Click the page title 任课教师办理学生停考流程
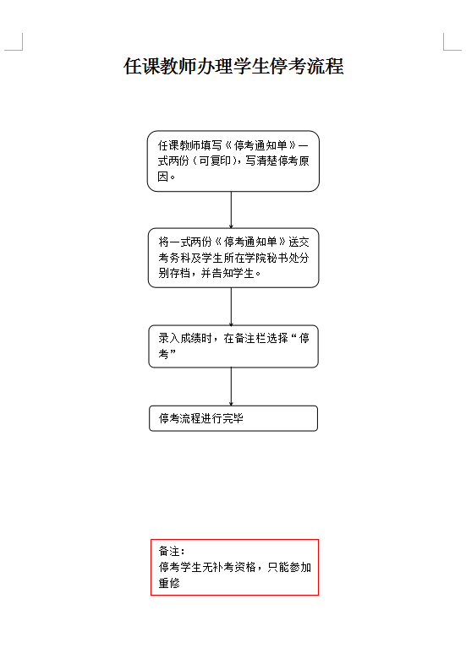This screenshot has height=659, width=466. [233, 67]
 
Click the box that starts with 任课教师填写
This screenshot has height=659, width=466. [233, 161]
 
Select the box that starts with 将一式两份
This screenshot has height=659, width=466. [233, 258]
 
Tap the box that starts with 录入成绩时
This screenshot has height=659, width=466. [233, 346]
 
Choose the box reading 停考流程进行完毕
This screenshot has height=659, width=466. [233, 418]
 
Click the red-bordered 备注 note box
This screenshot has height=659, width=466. [234, 567]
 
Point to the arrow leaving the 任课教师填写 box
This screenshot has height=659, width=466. [231, 210]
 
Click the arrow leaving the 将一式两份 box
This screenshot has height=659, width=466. [231, 307]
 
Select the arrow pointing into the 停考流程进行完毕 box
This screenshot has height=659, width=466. [231, 387]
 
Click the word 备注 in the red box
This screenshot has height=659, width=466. [169, 551]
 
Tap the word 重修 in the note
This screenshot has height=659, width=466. [169, 583]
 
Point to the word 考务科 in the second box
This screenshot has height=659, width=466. [174, 258]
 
